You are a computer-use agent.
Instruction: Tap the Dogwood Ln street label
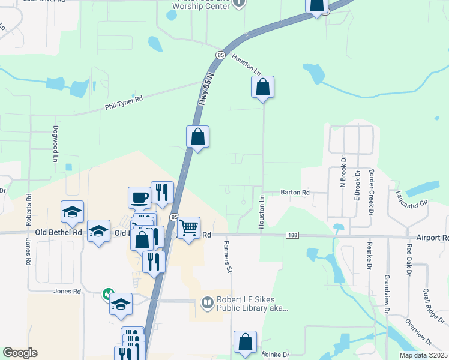point(55,148)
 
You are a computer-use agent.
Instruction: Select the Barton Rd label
point(295,193)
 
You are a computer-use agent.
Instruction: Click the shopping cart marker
point(189,228)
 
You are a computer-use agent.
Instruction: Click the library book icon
point(208,302)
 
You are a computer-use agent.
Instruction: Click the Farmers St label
point(228,257)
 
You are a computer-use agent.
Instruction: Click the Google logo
point(20,353)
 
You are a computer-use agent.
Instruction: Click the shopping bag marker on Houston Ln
point(262,88)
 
